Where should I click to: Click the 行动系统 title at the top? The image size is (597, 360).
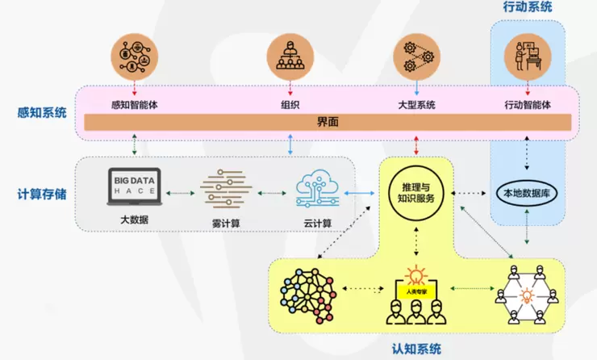528,7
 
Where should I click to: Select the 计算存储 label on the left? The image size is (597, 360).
41,194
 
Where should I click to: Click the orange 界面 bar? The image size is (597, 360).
328,122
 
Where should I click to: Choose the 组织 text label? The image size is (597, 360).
290,104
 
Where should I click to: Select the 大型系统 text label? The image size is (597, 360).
416,104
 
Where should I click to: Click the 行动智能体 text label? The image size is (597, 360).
528,104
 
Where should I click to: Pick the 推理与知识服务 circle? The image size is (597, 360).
416,193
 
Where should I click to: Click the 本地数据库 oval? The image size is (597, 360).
527,194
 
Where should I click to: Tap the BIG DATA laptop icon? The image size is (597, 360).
134,186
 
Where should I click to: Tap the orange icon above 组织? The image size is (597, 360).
290,56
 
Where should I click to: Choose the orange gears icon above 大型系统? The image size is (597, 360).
416,56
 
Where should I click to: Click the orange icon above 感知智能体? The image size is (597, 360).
134,56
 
